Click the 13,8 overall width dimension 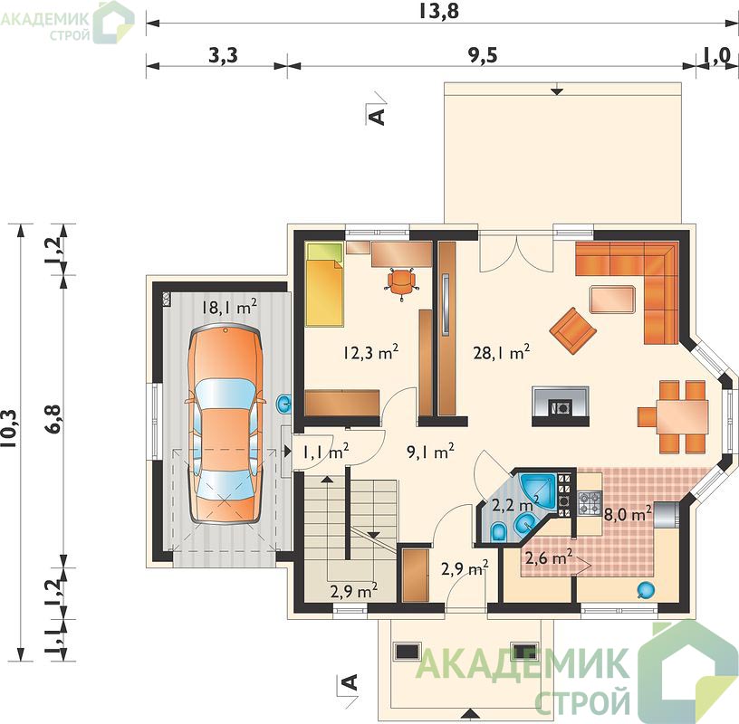point(437,11)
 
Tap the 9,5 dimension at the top point(483,55)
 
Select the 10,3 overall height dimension point(10,434)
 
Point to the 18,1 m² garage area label point(229,308)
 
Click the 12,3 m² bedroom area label point(371,352)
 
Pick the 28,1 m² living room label point(502,352)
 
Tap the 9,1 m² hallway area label point(430,452)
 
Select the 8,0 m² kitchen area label point(628,514)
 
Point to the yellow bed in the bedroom point(324,284)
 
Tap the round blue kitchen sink point(645,590)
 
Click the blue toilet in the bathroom point(499,531)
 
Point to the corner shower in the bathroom point(537,489)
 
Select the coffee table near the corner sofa point(612,300)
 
